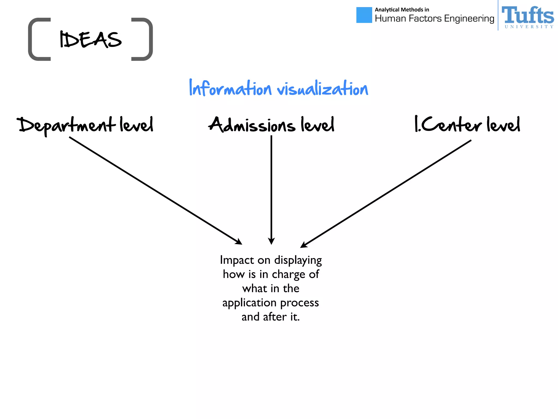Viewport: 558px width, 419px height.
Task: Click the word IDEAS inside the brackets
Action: pyautogui.click(x=90, y=40)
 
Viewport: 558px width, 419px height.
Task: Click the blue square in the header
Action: pyautogui.click(x=364, y=15)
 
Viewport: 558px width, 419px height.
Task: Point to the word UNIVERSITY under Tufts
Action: pyautogui.click(x=529, y=27)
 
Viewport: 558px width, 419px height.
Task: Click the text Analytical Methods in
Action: pyautogui.click(x=402, y=10)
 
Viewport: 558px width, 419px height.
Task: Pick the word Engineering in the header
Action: pyautogui.click(x=469, y=19)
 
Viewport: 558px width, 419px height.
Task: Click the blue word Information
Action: pyautogui.click(x=230, y=88)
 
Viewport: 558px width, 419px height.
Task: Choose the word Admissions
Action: pyautogui.click(x=252, y=125)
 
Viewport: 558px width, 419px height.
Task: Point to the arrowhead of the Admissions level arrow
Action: pyautogui.click(x=271, y=241)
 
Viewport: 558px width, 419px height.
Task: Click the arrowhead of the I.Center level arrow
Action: pyautogui.click(x=304, y=245)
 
